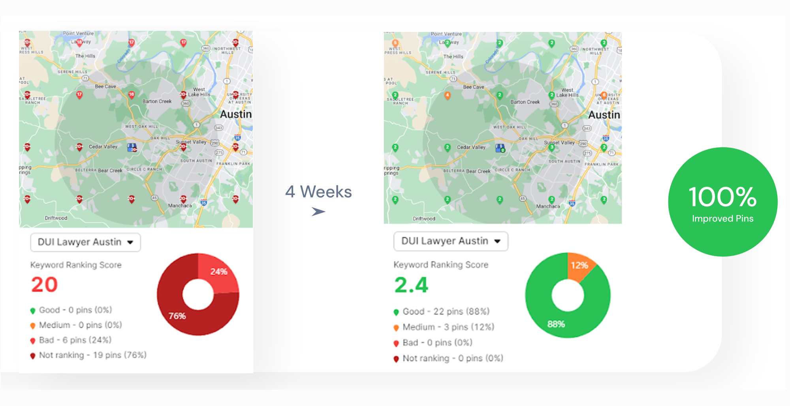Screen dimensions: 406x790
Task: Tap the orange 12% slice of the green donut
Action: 579,266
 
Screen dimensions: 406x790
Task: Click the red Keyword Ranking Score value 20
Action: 45,284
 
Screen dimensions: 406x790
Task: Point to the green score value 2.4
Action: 411,285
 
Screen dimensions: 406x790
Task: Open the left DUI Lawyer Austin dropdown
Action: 85,242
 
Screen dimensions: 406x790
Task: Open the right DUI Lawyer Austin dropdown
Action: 451,241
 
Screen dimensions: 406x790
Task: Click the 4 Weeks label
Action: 318,192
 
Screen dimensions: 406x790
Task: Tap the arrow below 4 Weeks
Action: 318,212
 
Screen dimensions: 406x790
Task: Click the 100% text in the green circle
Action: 722,197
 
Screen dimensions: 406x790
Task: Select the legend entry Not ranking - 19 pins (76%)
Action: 92,355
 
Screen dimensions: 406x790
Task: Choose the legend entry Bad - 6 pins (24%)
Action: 75,340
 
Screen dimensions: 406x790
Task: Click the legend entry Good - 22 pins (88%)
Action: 446,312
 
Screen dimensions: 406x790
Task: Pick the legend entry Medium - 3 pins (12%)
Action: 448,327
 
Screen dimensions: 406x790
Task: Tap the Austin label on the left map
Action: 236,114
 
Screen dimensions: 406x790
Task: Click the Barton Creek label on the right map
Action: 525,102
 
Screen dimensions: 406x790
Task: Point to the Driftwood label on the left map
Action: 56,218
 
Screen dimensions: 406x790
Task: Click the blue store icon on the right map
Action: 500,148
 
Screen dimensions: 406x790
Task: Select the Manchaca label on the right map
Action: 548,206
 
